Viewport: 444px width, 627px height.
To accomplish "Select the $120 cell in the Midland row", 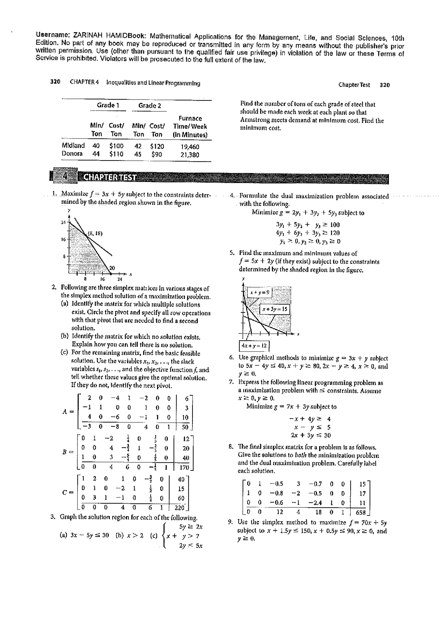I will tap(157, 147).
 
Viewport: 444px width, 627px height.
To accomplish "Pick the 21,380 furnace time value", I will tap(190, 155).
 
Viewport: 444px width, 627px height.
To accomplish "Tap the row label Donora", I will tap(72, 154).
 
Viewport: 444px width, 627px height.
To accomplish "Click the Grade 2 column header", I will tap(150, 106).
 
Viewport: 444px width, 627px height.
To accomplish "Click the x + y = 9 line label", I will tap(260, 293).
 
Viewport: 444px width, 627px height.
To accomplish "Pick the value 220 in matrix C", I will tap(179, 508).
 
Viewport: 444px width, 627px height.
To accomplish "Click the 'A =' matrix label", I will tap(67, 411).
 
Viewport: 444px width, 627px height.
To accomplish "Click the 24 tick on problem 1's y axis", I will tap(64, 222).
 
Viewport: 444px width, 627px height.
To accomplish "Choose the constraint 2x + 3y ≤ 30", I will tap(310, 436).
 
